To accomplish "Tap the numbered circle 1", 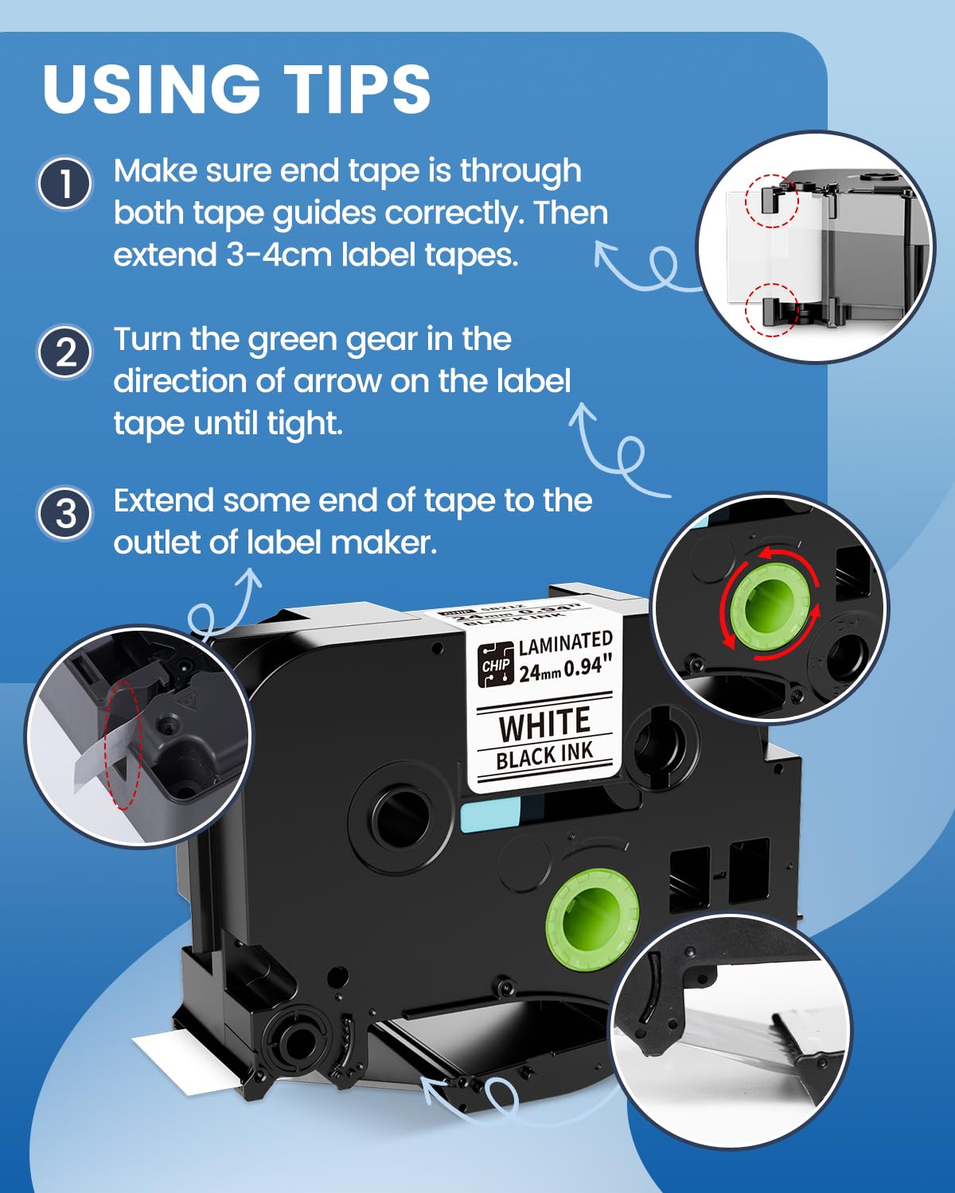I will (x=65, y=184).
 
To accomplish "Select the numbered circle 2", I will (x=65, y=352).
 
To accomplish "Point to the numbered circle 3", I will (x=65, y=513).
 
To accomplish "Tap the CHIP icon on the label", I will (x=496, y=664).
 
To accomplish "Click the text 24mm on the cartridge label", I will (x=540, y=673).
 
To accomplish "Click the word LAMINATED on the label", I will (x=566, y=643).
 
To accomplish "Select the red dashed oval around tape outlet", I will (x=123, y=744).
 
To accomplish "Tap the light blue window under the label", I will (x=489, y=816).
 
